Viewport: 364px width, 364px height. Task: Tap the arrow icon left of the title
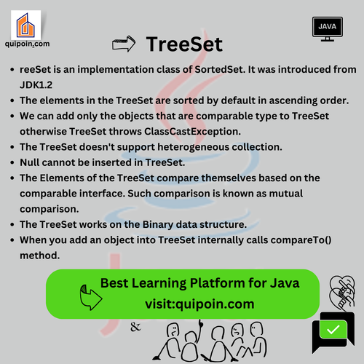point(124,44)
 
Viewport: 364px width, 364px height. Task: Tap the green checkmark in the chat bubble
point(333,330)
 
